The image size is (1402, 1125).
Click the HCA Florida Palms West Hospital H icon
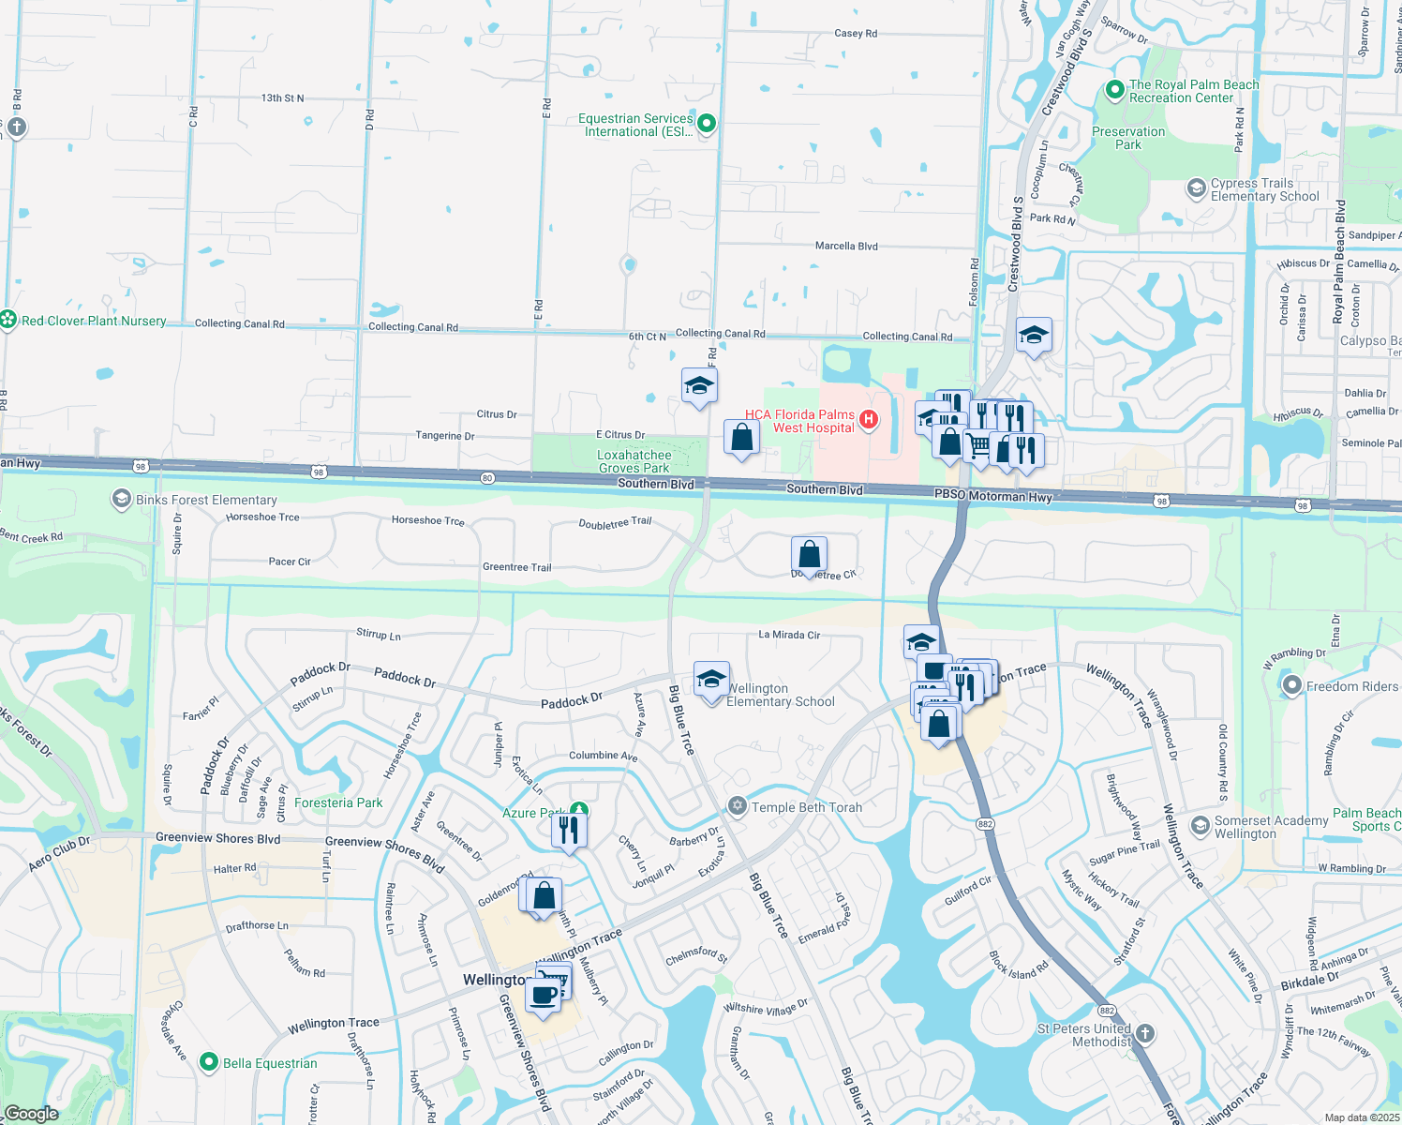[x=869, y=420]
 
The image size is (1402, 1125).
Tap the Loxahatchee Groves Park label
[x=634, y=461]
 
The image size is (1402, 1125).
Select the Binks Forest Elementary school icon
[x=121, y=499]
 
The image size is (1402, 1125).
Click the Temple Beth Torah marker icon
[x=738, y=806]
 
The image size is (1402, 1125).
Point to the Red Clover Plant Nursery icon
[x=8, y=320]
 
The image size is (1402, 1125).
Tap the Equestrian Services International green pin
[x=708, y=124]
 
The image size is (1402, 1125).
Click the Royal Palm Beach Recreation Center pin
[x=1114, y=90]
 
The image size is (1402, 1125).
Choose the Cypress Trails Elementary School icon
[x=1196, y=188]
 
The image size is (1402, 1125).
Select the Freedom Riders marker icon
[x=1292, y=685]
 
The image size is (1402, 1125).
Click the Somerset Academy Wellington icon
[x=1200, y=826]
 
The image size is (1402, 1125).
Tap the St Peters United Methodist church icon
[x=1144, y=1034]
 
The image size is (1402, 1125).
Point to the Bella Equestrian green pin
[x=209, y=1062]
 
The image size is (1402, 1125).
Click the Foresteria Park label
[x=338, y=802]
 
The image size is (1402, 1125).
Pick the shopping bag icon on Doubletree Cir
[x=809, y=555]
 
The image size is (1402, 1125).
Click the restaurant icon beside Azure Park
[x=569, y=831]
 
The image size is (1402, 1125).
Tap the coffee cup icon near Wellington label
[x=543, y=996]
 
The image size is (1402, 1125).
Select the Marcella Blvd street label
[x=846, y=246]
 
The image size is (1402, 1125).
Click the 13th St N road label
[x=282, y=97]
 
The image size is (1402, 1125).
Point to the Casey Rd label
[x=856, y=33]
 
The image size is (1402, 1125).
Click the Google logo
[x=31, y=1113]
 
